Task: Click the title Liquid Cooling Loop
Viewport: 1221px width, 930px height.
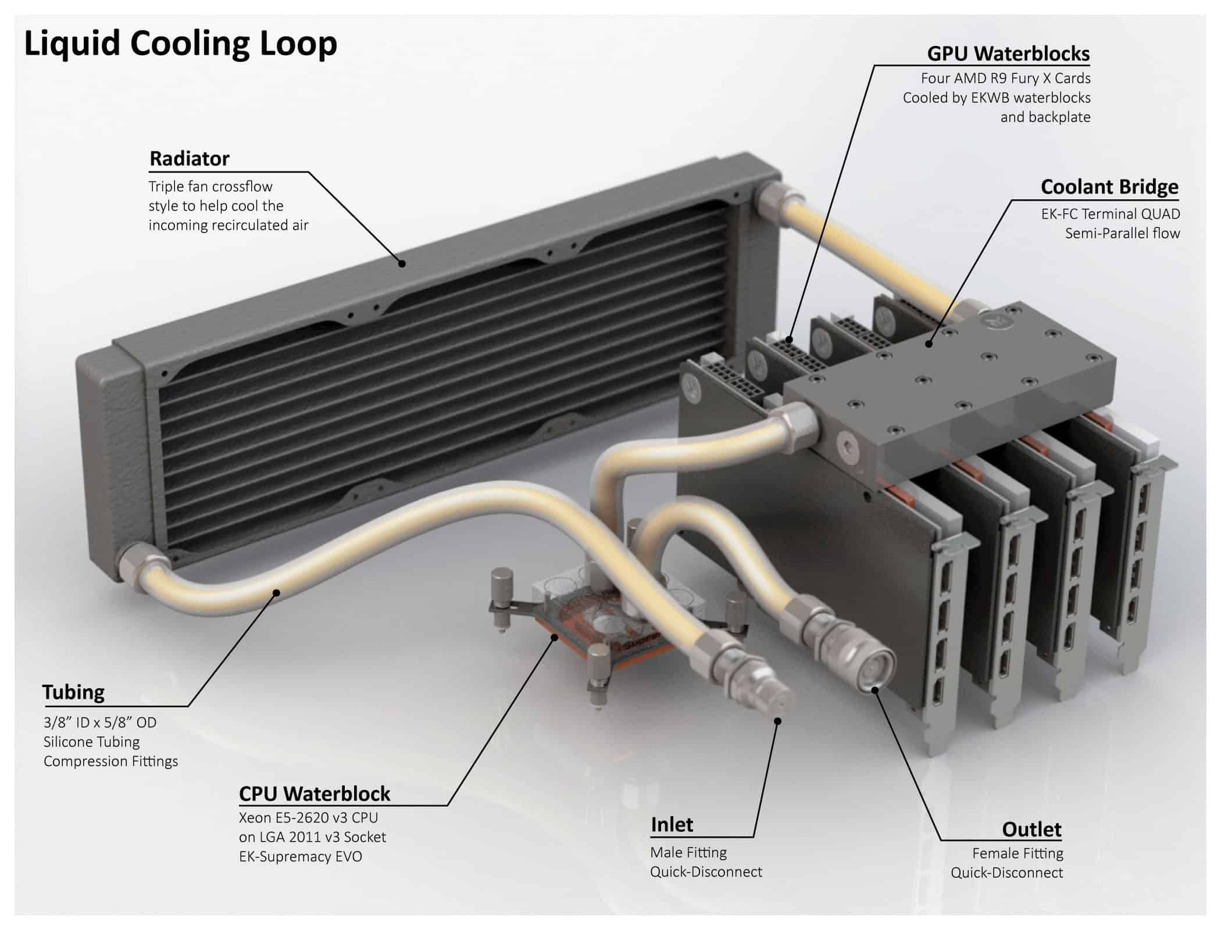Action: (x=180, y=44)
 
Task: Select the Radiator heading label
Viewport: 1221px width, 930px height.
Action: (x=190, y=158)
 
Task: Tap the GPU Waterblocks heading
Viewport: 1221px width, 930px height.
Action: (x=1008, y=53)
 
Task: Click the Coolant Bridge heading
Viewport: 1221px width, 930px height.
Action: (x=1109, y=187)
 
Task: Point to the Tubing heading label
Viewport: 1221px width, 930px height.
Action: (x=73, y=692)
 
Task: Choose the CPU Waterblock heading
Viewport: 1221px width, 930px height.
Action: (x=315, y=793)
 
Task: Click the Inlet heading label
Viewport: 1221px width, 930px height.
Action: (x=672, y=824)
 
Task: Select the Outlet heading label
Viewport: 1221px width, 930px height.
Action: (x=1031, y=829)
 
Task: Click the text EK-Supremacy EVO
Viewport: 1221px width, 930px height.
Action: (x=301, y=856)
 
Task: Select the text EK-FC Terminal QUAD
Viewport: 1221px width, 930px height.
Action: (x=1111, y=214)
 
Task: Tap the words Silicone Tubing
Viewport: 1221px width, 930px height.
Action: (x=92, y=742)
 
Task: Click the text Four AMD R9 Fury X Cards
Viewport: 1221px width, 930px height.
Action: (x=1005, y=78)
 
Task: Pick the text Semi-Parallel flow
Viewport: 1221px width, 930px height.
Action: (x=1122, y=233)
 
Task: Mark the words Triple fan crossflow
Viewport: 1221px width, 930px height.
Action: (x=210, y=187)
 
